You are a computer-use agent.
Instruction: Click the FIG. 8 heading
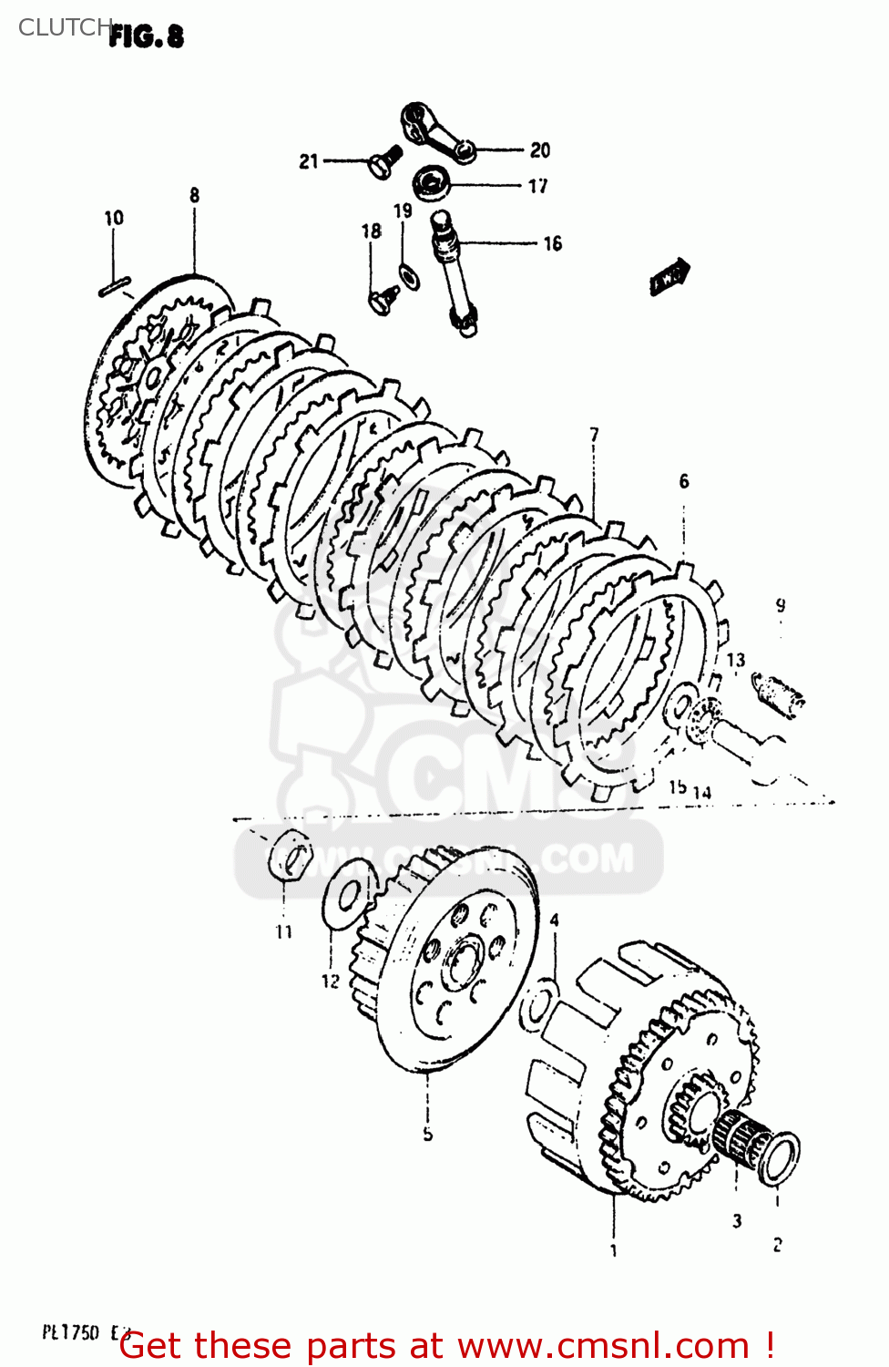tap(146, 36)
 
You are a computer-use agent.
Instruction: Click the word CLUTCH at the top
tap(64, 27)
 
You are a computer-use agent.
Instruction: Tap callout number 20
tap(540, 150)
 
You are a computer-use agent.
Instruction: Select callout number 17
tap(538, 186)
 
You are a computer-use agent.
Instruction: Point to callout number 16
tap(552, 243)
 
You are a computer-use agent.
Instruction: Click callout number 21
tap(309, 161)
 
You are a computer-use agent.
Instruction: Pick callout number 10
tap(113, 218)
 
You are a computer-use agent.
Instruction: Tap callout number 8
tap(194, 195)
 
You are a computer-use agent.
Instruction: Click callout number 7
tap(594, 435)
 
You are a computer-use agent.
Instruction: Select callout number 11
tap(284, 931)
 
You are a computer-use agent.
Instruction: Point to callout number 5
tap(427, 1135)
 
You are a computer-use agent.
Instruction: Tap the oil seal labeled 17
tap(431, 183)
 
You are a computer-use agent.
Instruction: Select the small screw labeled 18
tap(383, 297)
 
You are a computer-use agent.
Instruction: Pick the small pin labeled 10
tap(115, 286)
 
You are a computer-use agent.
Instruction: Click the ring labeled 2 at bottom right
tap(780, 1157)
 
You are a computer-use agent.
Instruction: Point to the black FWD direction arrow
tap(669, 277)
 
